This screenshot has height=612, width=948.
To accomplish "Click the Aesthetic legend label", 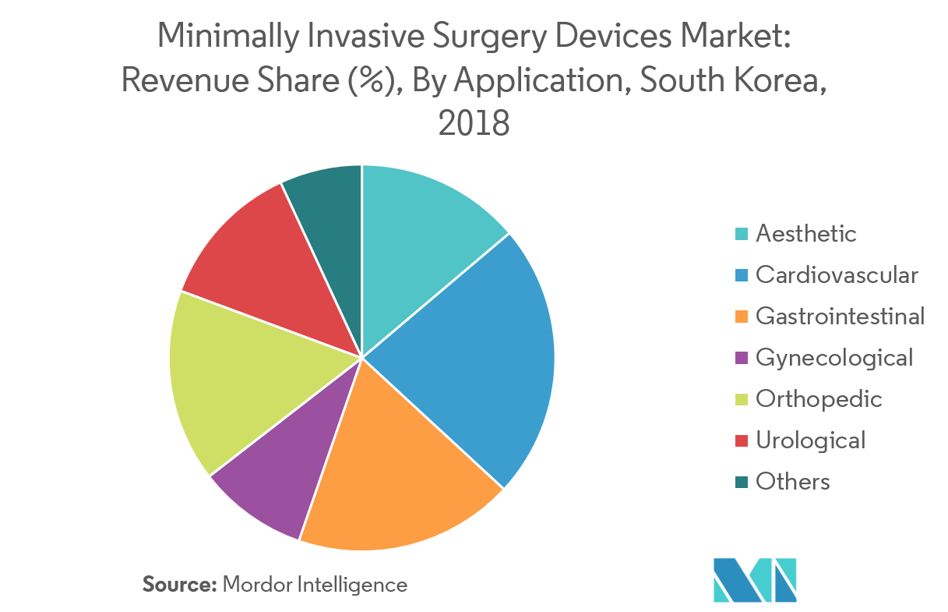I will point(806,233).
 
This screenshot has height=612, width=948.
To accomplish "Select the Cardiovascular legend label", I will point(837,274).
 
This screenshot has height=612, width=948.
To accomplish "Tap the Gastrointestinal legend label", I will point(841,316).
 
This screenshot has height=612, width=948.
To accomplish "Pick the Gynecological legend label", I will point(834,357).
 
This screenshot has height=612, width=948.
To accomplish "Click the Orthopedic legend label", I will point(819,398).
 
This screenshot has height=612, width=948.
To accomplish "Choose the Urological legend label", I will point(811,440).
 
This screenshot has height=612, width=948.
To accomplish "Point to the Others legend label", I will point(793,481).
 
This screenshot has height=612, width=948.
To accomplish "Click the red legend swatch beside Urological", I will point(742,440).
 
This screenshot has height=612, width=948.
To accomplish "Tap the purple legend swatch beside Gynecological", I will point(742,358).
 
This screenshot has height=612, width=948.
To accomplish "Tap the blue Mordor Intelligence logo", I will point(754,579).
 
